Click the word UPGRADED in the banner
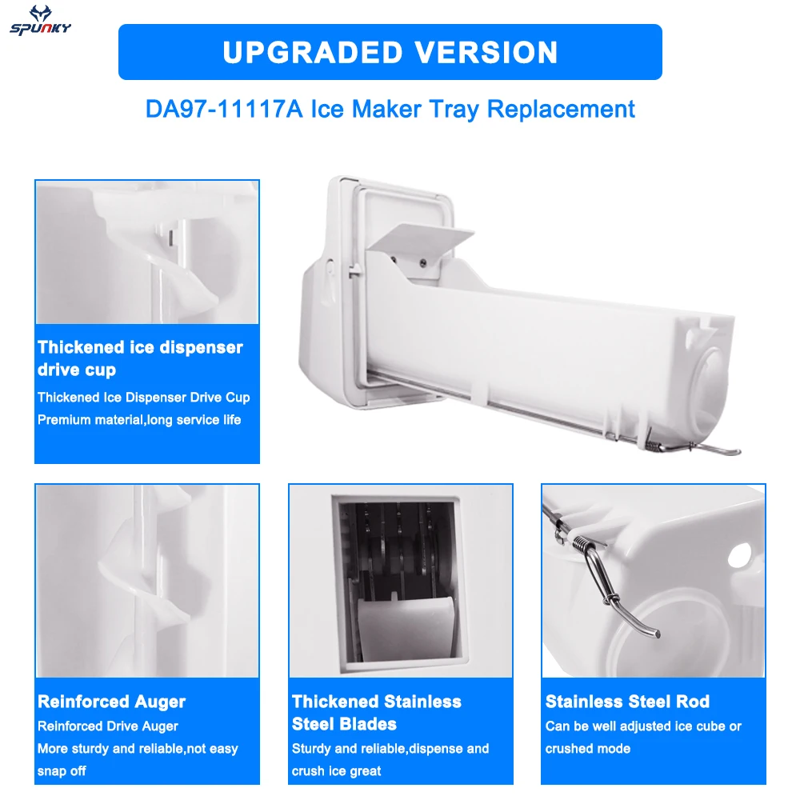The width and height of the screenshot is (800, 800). tap(305, 52)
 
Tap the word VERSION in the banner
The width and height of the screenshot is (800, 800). tap(478, 52)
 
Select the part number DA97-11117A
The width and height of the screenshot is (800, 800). tap(224, 109)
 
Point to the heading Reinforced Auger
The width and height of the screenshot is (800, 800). tap(111, 702)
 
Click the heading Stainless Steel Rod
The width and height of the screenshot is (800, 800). tap(627, 702)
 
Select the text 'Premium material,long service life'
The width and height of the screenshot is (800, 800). tap(139, 419)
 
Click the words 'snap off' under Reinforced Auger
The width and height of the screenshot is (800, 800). tap(62, 771)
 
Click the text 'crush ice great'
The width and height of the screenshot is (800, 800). tap(337, 771)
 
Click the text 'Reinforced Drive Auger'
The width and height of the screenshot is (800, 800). tap(108, 726)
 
